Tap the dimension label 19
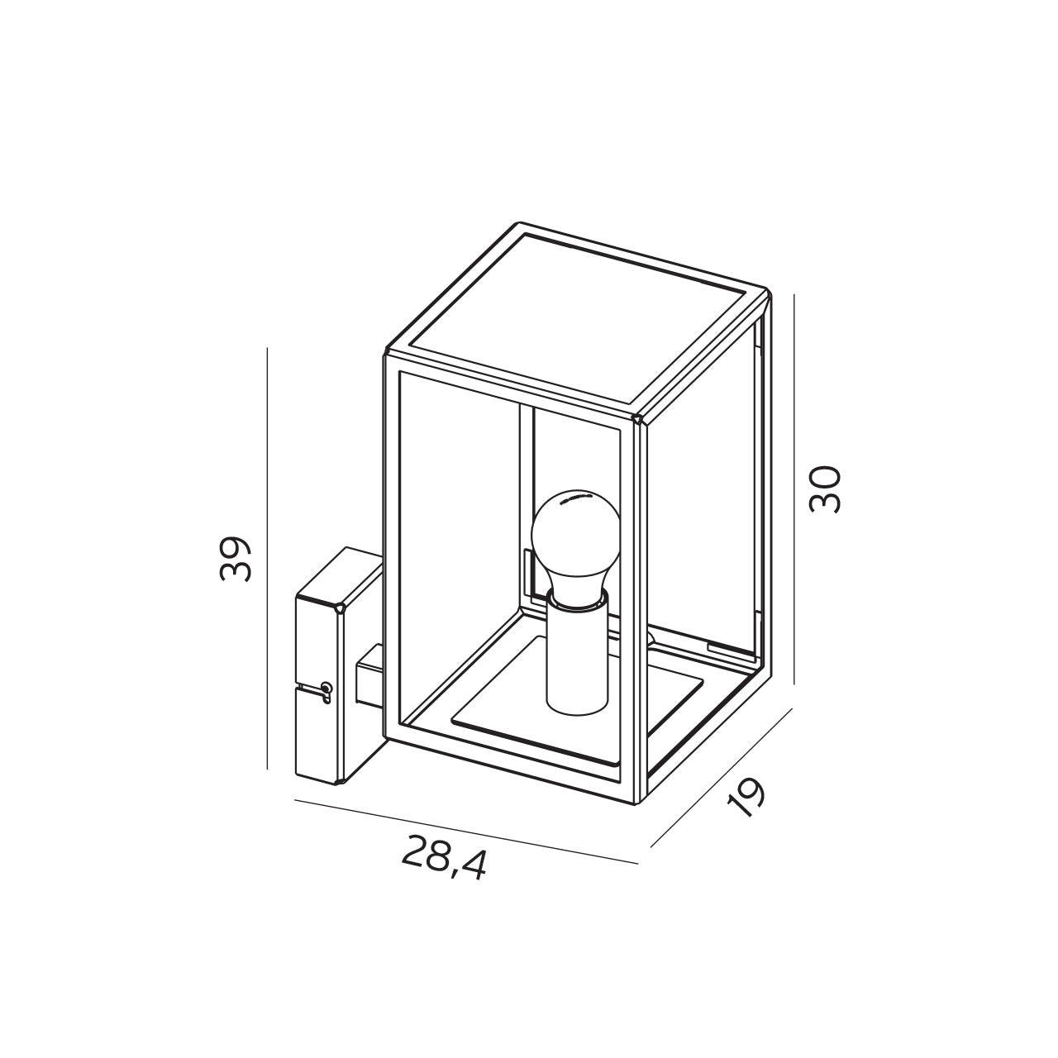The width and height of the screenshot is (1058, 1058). pos(746,795)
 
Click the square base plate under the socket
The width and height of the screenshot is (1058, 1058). pos(579,719)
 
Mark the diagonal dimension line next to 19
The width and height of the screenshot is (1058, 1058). pos(721,778)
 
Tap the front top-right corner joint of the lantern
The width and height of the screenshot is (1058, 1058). pos(636,419)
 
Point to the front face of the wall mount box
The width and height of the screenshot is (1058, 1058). pos(318,690)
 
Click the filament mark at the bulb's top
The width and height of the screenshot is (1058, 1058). pos(574,498)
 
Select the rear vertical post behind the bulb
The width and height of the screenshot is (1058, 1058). pos(527,496)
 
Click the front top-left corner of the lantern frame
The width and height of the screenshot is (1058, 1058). pos(387,355)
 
